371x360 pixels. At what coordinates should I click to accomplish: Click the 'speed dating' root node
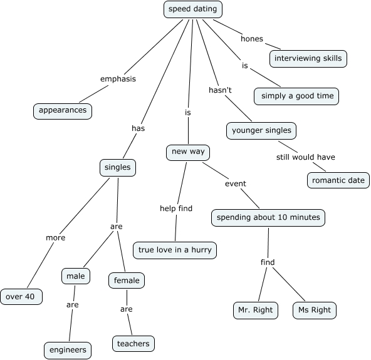click(193, 9)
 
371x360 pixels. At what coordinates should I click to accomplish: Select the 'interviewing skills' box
click(308, 59)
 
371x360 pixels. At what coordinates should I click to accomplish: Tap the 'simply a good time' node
click(297, 96)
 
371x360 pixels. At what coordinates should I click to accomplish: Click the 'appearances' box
click(63, 111)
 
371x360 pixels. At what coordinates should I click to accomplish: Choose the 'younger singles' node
click(261, 130)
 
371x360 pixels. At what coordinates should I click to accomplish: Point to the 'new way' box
click(187, 152)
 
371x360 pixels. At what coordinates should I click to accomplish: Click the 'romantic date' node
click(338, 180)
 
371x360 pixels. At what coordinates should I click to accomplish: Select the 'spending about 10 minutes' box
click(268, 217)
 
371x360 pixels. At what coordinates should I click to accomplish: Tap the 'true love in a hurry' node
click(175, 250)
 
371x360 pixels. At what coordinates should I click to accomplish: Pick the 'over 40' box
click(21, 296)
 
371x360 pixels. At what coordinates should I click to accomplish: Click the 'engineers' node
click(68, 349)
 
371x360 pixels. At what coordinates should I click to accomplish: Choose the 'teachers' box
click(133, 344)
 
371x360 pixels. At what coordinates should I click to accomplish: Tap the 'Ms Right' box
click(314, 310)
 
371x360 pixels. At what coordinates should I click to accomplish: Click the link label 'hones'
click(252, 39)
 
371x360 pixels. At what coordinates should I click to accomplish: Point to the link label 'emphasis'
click(118, 79)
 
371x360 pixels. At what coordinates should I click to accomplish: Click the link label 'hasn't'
click(220, 90)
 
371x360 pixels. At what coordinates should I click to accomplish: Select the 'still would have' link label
click(305, 157)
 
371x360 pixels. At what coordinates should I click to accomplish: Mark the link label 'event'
click(236, 183)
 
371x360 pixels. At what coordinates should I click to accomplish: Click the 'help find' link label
click(176, 208)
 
